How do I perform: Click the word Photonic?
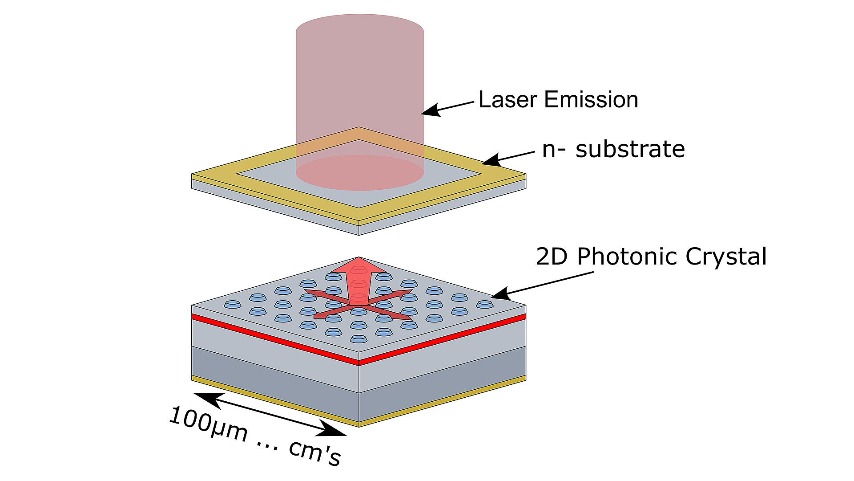[x=628, y=257]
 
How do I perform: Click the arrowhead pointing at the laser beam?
[x=431, y=110]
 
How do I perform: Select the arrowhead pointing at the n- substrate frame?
[x=491, y=160]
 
